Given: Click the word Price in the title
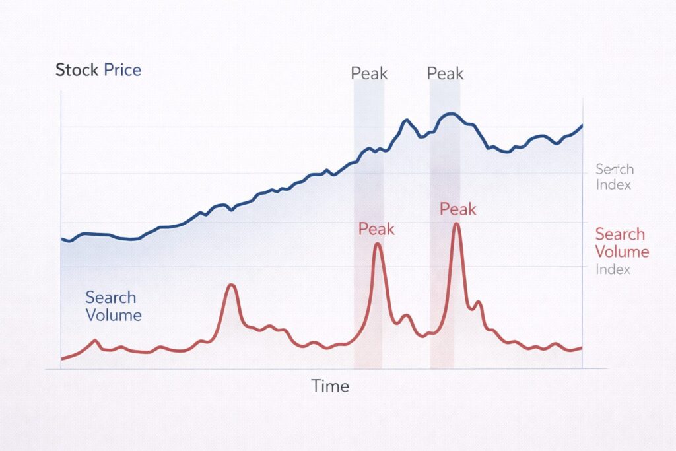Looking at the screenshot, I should (122, 70).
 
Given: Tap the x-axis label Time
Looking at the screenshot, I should (330, 386).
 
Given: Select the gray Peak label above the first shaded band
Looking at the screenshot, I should (369, 73).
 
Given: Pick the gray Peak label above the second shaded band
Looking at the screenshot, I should (446, 73).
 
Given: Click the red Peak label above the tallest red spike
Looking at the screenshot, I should (457, 209).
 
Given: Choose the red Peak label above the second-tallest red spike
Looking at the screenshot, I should (376, 229).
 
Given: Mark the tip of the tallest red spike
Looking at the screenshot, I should (456, 225).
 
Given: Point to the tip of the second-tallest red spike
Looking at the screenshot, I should (378, 244).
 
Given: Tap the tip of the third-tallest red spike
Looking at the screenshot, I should (231, 285).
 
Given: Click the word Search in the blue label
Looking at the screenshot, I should (110, 298).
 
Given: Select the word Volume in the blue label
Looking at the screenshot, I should (114, 315).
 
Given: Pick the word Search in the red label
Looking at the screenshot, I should (620, 234).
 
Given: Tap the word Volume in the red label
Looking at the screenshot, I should (622, 252).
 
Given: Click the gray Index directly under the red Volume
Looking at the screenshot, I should (613, 269).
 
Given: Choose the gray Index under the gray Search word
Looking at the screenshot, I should (613, 185).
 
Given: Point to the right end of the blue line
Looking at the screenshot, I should (582, 125).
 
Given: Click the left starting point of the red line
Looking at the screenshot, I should (61, 359).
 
